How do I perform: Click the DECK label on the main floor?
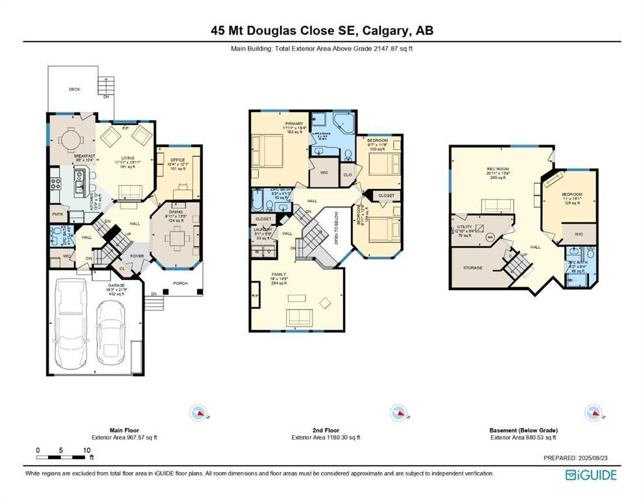[74, 89]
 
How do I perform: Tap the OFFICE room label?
[178, 160]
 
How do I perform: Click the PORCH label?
[180, 283]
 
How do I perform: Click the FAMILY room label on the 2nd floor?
[279, 275]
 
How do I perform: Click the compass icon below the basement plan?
[593, 413]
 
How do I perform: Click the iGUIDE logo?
[591, 475]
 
